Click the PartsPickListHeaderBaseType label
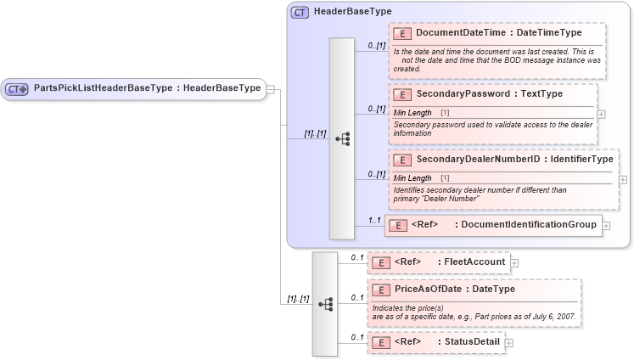(147, 88)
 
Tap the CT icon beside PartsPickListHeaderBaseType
(16, 88)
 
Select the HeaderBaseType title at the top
(352, 12)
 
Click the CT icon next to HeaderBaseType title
(300, 13)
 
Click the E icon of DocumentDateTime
(403, 33)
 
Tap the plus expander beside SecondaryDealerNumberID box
(624, 179)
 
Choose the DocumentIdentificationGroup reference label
(527, 224)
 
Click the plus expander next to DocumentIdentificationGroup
(607, 225)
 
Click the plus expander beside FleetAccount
(514, 263)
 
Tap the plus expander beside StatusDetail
(509, 342)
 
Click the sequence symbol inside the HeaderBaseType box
(342, 138)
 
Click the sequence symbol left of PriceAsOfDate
(325, 303)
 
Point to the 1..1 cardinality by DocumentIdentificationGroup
(373, 220)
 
